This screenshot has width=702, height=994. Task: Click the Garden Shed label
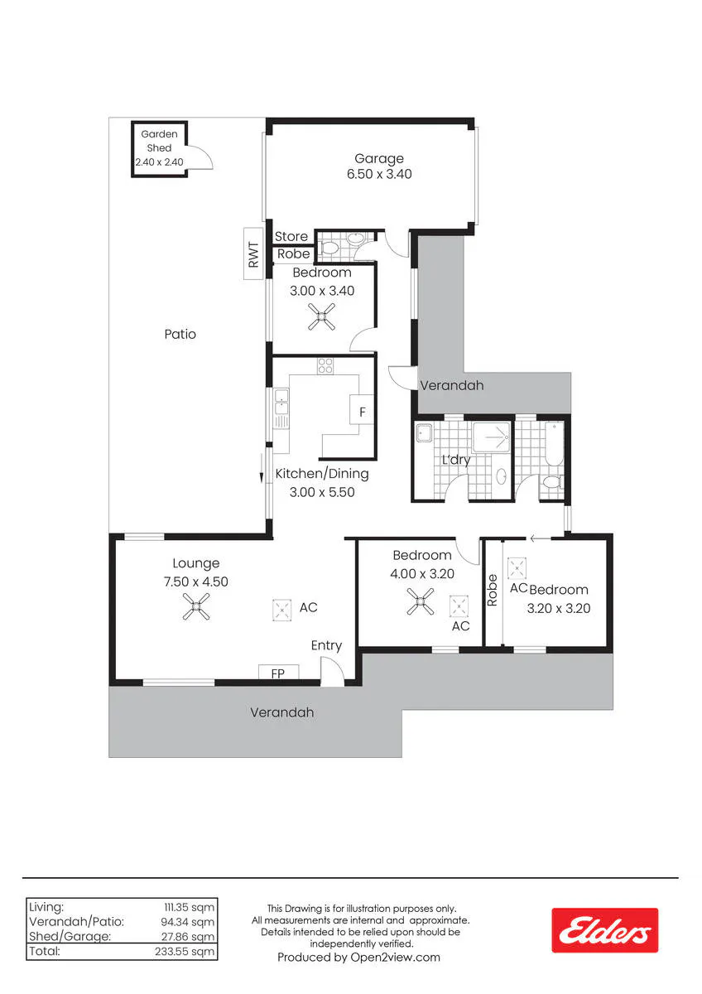(159, 141)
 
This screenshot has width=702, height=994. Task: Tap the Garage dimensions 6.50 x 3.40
(379, 174)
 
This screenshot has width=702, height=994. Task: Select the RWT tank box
(253, 253)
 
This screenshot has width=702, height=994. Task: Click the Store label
(291, 237)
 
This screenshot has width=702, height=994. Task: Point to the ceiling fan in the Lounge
(196, 606)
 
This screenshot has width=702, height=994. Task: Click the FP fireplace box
(278, 672)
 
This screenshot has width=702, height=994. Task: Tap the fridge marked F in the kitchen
(362, 411)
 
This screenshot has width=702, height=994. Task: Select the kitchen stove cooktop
(325, 365)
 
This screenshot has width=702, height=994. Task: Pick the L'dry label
(456, 460)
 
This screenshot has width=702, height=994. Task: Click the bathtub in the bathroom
(554, 443)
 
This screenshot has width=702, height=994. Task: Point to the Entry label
(326, 645)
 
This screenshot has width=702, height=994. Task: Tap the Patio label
(180, 334)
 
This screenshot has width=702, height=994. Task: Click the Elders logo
(605, 930)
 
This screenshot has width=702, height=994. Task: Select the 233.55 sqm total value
(185, 952)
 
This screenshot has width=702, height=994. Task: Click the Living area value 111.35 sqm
(190, 907)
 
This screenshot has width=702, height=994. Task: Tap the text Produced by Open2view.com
(358, 958)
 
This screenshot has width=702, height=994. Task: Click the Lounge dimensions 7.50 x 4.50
(196, 581)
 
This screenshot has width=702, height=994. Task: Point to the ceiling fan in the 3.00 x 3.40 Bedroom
(321, 316)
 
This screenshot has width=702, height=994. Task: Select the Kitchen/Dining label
(322, 474)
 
